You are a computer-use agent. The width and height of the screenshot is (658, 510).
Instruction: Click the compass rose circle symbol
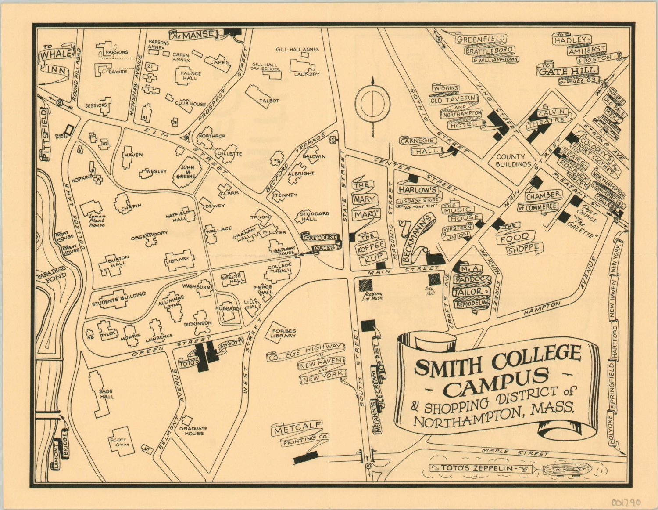click(372, 103)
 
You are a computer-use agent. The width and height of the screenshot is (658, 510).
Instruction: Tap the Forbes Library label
click(283, 333)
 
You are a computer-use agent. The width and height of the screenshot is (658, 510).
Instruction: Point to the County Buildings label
click(513, 160)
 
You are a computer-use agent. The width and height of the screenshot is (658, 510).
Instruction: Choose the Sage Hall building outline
click(99, 393)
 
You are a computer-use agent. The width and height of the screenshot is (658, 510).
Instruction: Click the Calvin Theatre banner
click(550, 116)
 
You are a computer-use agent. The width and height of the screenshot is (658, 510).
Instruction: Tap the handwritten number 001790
click(626, 502)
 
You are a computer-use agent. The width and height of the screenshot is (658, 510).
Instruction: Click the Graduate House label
click(193, 430)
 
